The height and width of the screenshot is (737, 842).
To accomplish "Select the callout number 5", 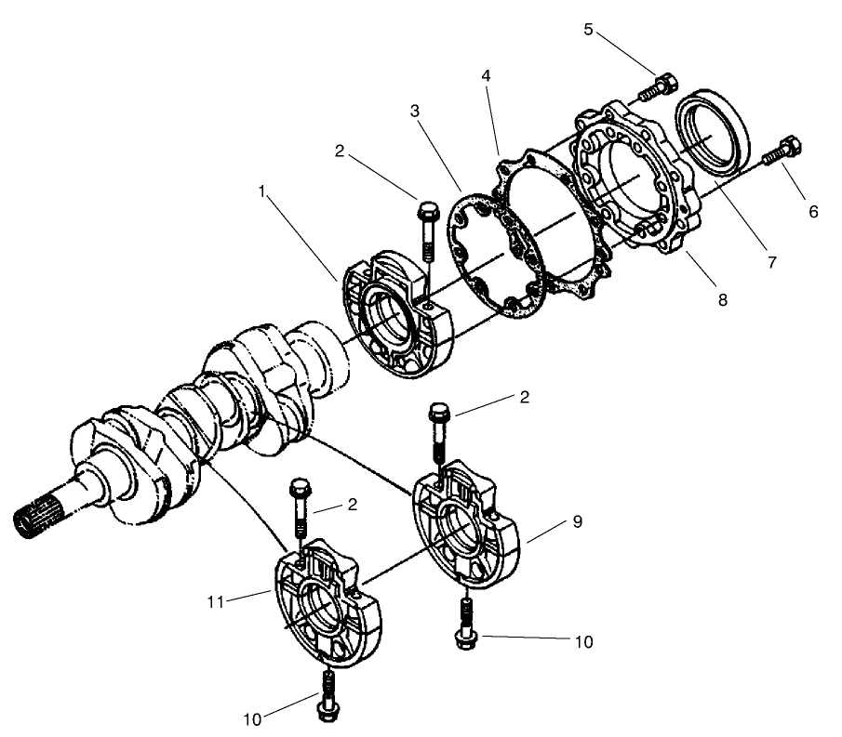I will [x=588, y=29].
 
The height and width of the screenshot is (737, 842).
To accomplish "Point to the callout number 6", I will [x=813, y=211].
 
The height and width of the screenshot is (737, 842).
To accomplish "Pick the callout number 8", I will [x=722, y=300].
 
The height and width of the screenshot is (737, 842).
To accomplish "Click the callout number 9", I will [x=578, y=522].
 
